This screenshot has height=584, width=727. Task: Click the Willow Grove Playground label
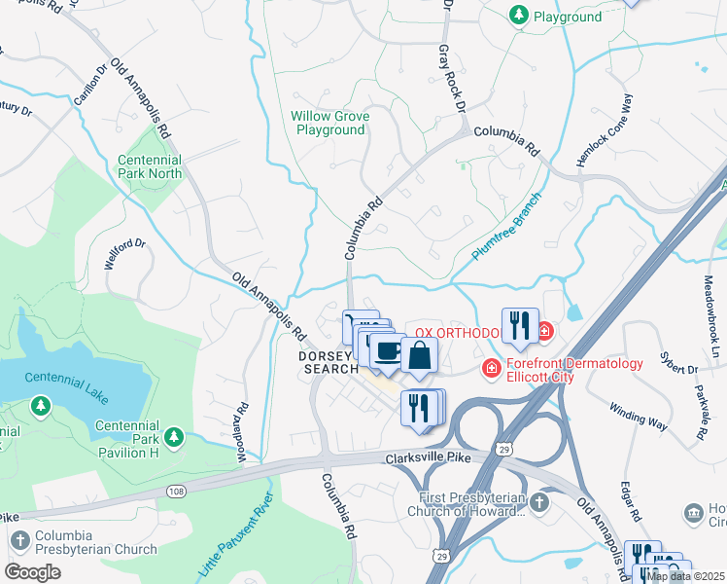(x=330, y=123)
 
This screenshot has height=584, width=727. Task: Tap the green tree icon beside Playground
(x=517, y=16)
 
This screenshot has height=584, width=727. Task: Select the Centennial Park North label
(x=150, y=167)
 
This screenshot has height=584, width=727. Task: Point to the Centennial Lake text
(x=65, y=378)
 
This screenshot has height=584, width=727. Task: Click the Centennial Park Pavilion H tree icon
(x=173, y=437)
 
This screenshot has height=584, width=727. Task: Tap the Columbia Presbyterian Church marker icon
(x=18, y=539)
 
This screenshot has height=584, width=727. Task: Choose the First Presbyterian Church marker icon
(x=540, y=503)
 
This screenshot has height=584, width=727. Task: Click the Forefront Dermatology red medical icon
(x=492, y=368)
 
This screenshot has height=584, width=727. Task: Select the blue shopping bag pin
(x=419, y=357)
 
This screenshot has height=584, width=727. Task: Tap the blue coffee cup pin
(x=388, y=351)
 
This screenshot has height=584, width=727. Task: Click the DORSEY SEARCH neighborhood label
(x=330, y=362)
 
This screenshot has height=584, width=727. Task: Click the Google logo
(x=33, y=572)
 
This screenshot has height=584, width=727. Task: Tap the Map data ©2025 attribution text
(x=684, y=576)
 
